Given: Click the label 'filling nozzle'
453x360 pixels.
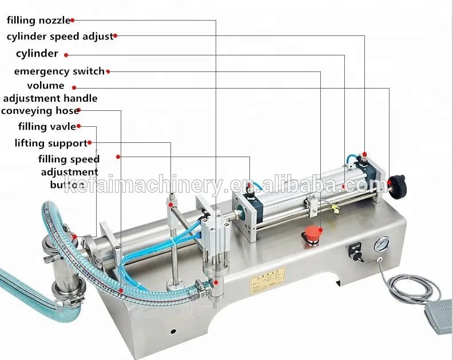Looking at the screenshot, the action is tap(38, 21).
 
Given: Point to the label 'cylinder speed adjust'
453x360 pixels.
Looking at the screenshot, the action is tap(59, 36).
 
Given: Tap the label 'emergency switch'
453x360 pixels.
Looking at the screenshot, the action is tap(59, 71).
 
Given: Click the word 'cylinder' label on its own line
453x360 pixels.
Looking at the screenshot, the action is tap(37, 54).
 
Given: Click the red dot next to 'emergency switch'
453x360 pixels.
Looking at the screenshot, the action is tap(109, 71).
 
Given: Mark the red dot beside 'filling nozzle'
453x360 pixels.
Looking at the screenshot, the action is tap(73, 21).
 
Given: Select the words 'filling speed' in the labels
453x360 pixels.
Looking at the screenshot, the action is tap(69, 159).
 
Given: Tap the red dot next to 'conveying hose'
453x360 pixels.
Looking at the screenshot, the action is tap(78, 111).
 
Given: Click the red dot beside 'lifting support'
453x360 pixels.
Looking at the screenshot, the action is tap(90, 143).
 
